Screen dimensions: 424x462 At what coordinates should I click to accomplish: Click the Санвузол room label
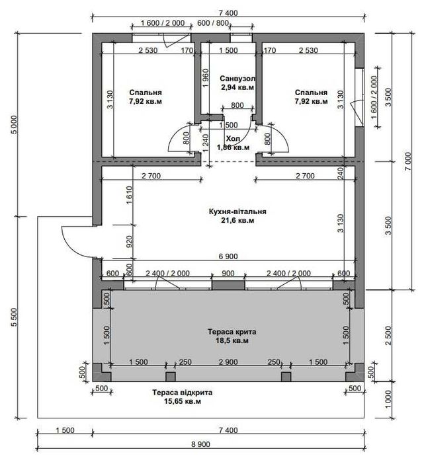coord(237,79)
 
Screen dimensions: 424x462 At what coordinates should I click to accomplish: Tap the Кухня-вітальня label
coord(237,212)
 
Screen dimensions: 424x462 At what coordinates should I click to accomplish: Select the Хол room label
coord(233,139)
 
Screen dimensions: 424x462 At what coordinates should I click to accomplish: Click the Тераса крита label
coord(232,332)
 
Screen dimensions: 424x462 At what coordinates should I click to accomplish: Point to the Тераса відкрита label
coord(182,393)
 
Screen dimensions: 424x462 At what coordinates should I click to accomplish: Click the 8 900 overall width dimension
coord(200,444)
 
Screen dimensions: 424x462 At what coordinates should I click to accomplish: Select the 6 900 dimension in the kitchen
coord(228,256)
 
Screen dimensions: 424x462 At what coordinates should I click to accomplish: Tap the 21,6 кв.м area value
coord(237,220)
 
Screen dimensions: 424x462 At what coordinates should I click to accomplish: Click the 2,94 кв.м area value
coord(237,87)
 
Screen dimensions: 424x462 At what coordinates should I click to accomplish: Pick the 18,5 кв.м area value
coord(232,340)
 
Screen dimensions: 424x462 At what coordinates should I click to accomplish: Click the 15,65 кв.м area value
coord(183,401)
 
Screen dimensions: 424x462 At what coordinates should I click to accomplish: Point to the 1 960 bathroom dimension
coord(206,78)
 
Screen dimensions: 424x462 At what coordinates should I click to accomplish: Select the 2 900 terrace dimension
coord(228,362)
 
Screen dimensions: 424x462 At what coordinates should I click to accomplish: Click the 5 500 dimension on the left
coord(14,317)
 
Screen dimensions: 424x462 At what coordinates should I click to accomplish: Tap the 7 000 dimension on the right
coord(408,161)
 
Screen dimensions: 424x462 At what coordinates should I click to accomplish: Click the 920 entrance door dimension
coord(130,241)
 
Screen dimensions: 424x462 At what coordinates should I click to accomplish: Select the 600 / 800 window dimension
coord(213,23)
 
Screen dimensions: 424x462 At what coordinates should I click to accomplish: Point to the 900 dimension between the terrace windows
coord(228,273)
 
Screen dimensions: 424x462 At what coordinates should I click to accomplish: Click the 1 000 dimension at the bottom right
coord(388,399)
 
